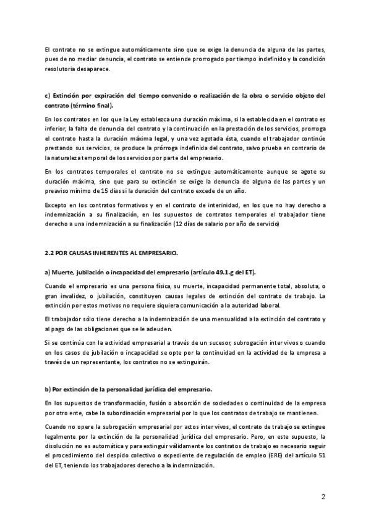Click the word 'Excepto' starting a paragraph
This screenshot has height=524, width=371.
point(58,205)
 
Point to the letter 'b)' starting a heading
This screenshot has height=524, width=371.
point(49,389)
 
